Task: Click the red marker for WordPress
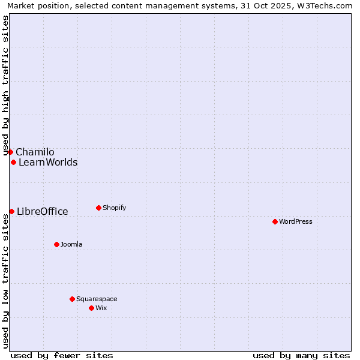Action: (275, 221)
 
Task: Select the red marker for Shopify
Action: (98, 208)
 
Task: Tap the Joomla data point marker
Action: (56, 244)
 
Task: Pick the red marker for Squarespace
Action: (72, 299)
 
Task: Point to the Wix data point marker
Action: (91, 308)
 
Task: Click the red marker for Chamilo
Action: (10, 152)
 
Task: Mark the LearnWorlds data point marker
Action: (13, 162)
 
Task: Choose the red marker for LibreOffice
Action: (11, 211)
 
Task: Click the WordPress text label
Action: (296, 221)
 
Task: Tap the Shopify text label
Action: (115, 208)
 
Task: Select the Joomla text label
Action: (71, 244)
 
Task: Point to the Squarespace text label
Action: (97, 299)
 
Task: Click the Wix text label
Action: (101, 308)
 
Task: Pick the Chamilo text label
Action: (35, 152)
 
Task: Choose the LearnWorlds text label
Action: (48, 162)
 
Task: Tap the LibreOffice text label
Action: (43, 211)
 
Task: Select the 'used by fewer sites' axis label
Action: (62, 355)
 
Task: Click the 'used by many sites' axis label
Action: (301, 355)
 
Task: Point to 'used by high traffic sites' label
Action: (5, 85)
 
